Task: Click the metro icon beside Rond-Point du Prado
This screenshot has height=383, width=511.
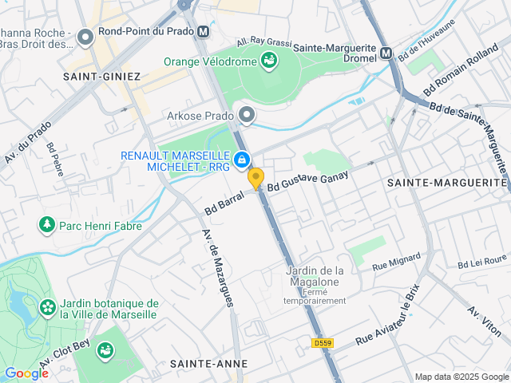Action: (x=204, y=33)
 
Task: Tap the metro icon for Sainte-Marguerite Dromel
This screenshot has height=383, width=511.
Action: (x=386, y=53)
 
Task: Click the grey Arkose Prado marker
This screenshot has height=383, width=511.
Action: (x=247, y=116)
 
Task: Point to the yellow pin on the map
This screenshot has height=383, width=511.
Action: (x=255, y=179)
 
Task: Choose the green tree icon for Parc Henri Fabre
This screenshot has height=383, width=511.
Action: (x=46, y=226)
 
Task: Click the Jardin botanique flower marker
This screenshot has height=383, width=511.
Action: (x=48, y=306)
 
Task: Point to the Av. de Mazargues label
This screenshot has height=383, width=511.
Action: (x=217, y=268)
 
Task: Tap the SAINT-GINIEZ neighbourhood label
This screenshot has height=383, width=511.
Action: (x=102, y=77)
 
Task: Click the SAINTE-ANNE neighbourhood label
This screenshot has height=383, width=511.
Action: (x=208, y=363)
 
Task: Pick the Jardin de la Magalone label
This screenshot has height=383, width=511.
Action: (x=315, y=275)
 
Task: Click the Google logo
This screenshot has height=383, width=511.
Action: (x=26, y=373)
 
